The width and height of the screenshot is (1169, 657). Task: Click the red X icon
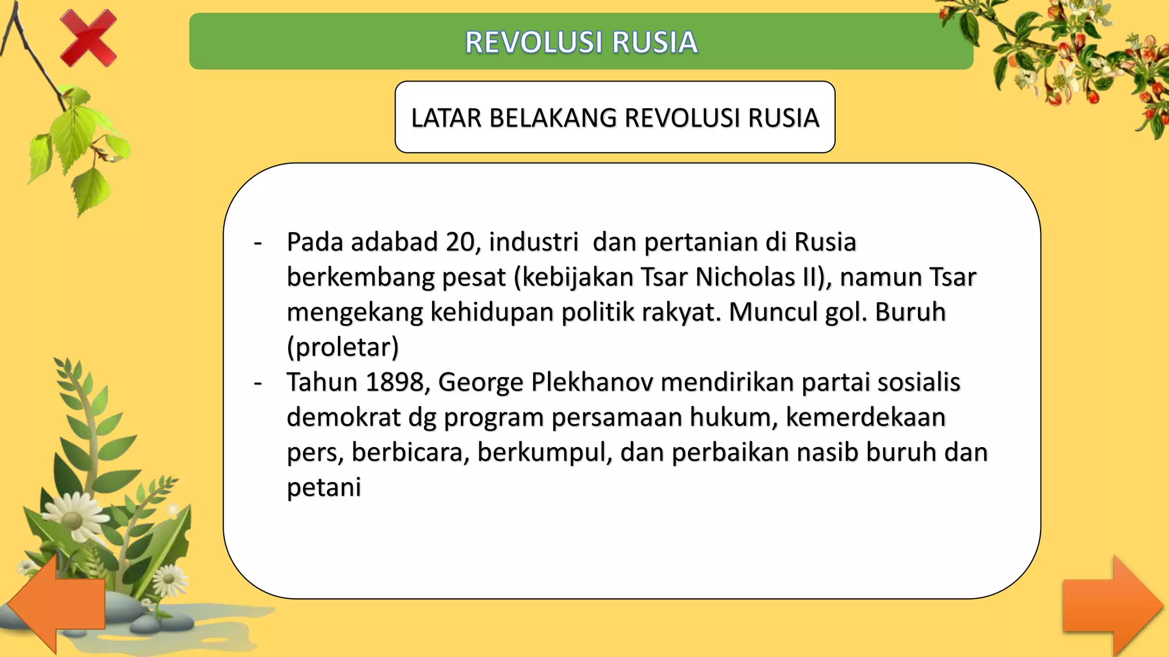[x=88, y=39]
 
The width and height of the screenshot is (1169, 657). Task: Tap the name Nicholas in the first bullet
[x=745, y=277]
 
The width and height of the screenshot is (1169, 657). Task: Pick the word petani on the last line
[x=324, y=487]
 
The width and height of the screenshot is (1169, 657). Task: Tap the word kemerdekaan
[x=865, y=417]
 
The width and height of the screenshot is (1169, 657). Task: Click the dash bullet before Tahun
[x=258, y=383]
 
